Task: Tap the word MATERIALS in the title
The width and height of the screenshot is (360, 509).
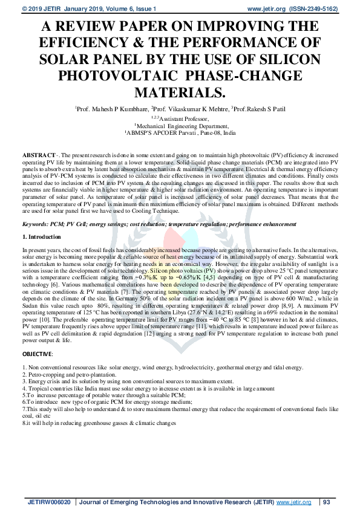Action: [x=180, y=93]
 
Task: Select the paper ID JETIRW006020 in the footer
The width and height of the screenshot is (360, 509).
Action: [x=50, y=502]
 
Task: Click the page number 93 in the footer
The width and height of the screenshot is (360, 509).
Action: [x=327, y=502]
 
